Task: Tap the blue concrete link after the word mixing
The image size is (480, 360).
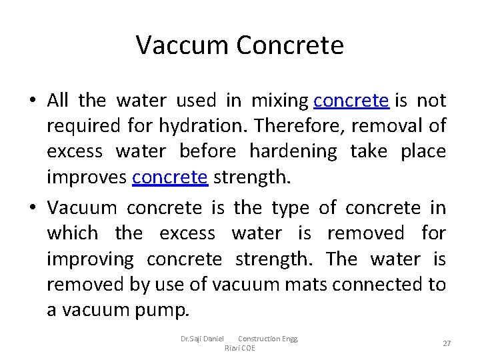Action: coord(351,101)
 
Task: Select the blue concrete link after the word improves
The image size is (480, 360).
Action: coord(171,177)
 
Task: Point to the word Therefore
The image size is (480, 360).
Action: coord(301,126)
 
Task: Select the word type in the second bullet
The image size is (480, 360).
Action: coord(290,208)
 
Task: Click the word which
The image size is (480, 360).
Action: coord(72,233)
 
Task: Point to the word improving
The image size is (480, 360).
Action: coord(90,259)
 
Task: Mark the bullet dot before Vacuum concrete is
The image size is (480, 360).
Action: coord(32,208)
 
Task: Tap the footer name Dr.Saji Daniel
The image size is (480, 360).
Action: coord(202,339)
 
